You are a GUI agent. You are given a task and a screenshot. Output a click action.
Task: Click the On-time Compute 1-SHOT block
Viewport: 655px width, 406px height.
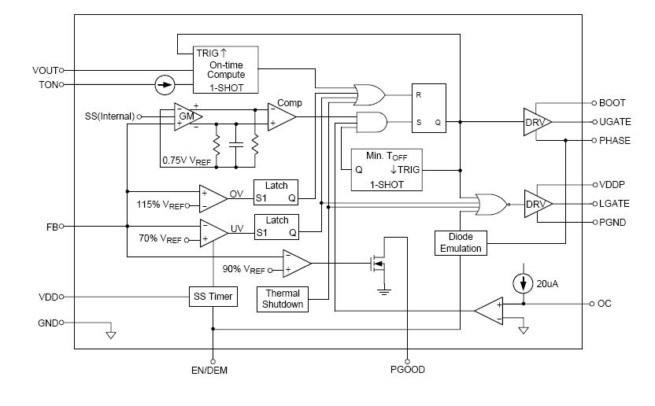(226, 69)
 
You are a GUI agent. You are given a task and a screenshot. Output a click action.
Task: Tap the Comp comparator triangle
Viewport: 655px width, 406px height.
(281, 117)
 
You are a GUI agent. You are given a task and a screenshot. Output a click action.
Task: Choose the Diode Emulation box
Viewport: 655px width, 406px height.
(461, 242)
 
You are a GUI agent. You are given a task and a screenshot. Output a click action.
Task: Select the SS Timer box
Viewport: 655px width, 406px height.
(213, 297)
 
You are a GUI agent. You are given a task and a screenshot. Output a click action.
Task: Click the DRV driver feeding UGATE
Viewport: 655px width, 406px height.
(536, 122)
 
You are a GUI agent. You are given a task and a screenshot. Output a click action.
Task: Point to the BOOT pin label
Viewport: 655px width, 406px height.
(611, 103)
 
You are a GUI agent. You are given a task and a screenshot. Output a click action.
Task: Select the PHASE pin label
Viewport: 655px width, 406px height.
(613, 141)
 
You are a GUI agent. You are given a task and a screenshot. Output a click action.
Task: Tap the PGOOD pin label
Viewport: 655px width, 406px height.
(407, 369)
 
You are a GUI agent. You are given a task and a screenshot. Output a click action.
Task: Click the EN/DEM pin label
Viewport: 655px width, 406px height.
(213, 369)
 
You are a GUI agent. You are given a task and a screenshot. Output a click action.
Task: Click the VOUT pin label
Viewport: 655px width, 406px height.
(45, 70)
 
